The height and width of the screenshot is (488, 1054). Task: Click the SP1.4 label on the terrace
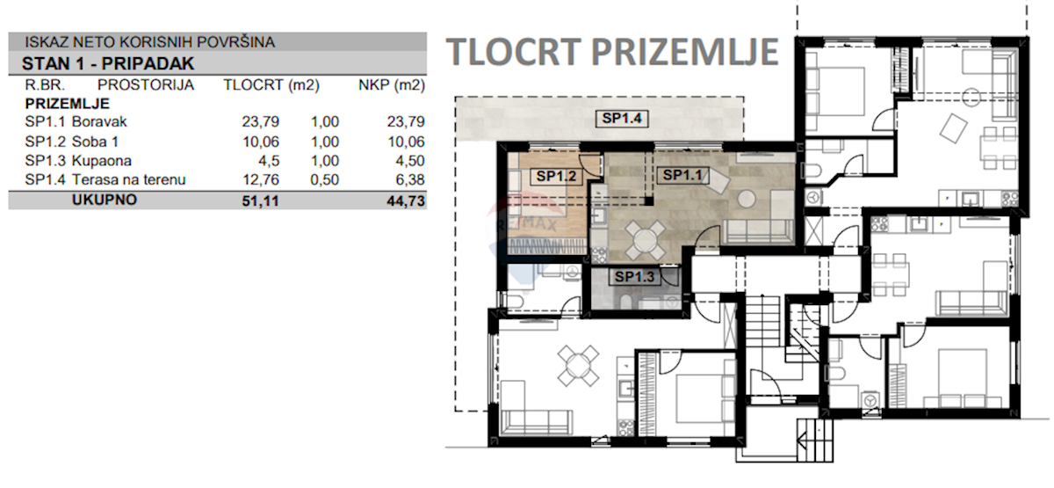tap(622, 118)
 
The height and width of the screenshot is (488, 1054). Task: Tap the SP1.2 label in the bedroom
tap(556, 176)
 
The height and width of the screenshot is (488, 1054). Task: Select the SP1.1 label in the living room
tap(682, 175)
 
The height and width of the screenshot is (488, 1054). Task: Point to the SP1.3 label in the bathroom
tap(634, 277)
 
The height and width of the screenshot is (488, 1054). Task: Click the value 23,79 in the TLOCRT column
tap(261, 121)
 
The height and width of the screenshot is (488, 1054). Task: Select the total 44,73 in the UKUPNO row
tap(406, 201)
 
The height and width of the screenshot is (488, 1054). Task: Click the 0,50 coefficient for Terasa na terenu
tap(325, 179)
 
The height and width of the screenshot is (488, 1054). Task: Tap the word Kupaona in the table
tap(102, 161)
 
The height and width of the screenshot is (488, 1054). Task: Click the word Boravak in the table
tap(99, 121)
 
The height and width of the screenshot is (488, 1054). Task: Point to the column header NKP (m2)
tap(392, 84)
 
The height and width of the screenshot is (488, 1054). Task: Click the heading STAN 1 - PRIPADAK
tap(108, 63)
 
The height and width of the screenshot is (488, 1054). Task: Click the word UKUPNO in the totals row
tap(105, 200)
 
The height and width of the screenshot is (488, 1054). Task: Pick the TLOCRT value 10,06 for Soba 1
tap(261, 142)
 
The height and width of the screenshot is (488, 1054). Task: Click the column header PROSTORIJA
tap(146, 84)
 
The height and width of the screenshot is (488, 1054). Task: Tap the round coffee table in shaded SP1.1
tap(747, 199)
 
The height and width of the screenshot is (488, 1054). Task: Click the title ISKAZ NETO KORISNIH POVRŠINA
tap(149, 42)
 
